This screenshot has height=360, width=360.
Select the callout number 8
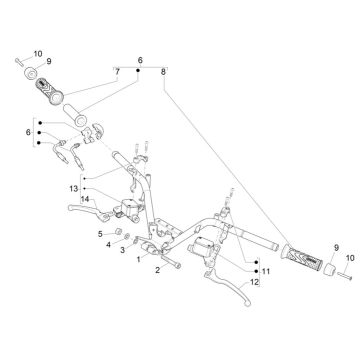[163, 72]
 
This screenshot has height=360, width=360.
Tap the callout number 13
[73, 189]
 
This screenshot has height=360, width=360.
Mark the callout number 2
[158, 270]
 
